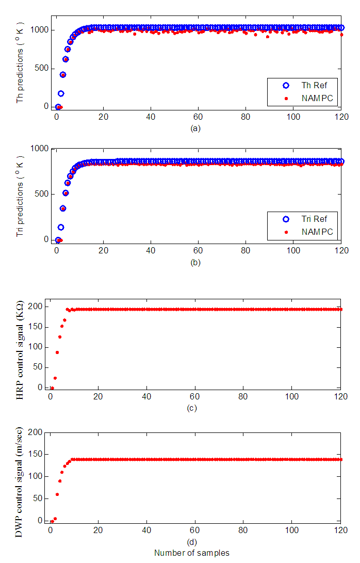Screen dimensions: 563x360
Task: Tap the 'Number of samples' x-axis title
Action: click(x=192, y=553)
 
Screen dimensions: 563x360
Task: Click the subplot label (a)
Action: click(x=195, y=128)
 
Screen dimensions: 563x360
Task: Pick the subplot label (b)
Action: click(x=195, y=262)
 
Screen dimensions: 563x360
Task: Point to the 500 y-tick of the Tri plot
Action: click(x=42, y=194)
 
